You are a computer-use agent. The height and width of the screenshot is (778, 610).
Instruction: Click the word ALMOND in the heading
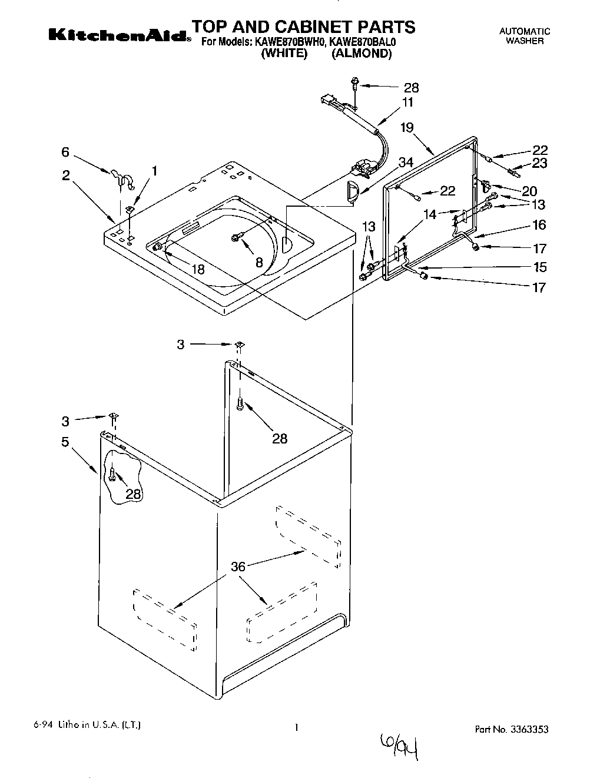(x=361, y=54)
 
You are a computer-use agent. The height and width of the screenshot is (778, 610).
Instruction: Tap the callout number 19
(x=407, y=127)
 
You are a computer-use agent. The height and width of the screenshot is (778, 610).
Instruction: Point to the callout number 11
(x=407, y=102)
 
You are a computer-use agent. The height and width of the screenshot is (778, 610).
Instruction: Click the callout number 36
(x=238, y=567)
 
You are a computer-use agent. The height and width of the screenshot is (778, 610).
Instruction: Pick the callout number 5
(x=65, y=441)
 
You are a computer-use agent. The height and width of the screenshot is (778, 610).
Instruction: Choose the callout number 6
(x=65, y=152)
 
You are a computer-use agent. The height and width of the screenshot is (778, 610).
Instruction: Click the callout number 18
(x=198, y=269)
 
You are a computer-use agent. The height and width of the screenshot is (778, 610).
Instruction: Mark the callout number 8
(x=258, y=263)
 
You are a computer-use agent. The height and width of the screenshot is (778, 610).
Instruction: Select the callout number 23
(x=539, y=164)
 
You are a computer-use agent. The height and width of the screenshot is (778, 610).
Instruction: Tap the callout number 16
(x=539, y=224)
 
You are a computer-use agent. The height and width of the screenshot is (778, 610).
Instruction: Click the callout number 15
(x=539, y=267)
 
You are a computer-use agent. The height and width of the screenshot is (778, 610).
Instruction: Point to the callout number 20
(x=529, y=191)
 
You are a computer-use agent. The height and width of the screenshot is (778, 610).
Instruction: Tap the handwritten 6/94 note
(x=398, y=747)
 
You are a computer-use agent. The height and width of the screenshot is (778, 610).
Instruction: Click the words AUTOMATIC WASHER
(x=524, y=37)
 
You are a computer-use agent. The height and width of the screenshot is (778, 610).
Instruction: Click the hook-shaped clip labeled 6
(x=120, y=177)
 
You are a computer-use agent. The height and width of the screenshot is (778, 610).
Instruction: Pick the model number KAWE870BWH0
(x=290, y=42)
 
